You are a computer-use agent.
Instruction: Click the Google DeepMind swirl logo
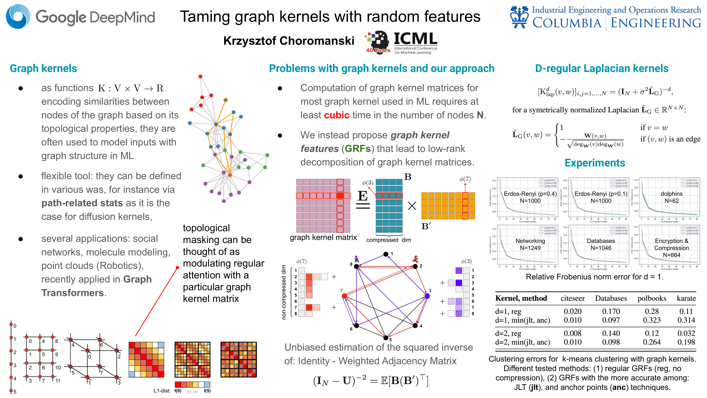coord(18,17)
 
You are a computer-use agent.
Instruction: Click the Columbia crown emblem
coord(519,17)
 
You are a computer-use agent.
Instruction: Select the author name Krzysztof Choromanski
coord(288,41)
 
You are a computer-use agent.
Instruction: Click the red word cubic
coord(337,115)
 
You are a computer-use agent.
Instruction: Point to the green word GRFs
coord(357,149)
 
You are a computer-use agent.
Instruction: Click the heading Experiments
coord(595,163)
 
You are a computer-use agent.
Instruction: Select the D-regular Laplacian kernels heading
coord(602,68)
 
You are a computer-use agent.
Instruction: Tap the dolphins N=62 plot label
coord(671,197)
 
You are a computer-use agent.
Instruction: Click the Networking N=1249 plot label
coord(530,244)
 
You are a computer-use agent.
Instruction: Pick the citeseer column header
coord(572,298)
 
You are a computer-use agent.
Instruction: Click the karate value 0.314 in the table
coord(686,320)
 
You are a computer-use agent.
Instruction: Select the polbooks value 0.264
coord(652,342)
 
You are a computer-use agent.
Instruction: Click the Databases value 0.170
coord(611,311)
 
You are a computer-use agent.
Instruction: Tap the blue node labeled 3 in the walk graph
coord(427,296)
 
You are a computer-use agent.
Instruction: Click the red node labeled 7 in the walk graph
coord(344,296)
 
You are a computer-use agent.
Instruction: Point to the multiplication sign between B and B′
coord(412,206)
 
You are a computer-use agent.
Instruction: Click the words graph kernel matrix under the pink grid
coord(323,237)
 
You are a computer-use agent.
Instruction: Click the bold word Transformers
coord(72,293)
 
